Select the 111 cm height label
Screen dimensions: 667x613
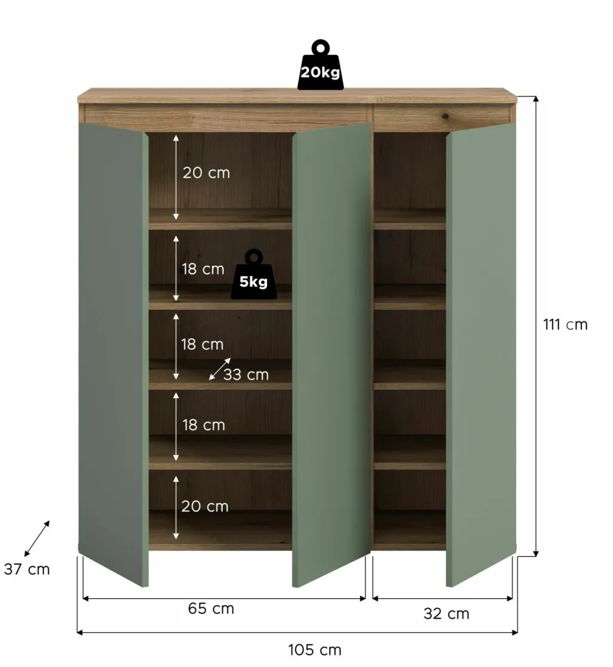pos(565,325)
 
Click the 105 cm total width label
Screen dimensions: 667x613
pos(315,650)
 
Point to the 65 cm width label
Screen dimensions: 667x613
pos(211,609)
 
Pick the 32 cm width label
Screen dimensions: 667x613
pos(447,614)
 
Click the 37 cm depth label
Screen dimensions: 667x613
pos(27,569)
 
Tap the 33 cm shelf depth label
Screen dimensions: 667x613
pos(246,375)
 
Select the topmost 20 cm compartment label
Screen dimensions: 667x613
pos(206,173)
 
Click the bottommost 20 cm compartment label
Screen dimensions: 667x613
pos(205,507)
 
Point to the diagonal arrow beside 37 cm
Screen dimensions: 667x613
pos(37,538)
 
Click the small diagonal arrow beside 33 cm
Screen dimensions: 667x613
pos(220,369)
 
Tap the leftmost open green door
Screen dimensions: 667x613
pos(113,353)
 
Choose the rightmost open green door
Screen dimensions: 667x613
pos(481,353)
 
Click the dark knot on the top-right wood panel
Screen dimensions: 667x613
pos(446,114)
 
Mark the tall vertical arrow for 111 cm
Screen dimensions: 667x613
pos(536,326)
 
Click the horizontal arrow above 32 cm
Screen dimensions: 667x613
pos(442,598)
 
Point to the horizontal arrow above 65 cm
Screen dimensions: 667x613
pos(224,598)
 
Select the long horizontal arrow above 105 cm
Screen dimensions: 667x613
pos(298,632)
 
